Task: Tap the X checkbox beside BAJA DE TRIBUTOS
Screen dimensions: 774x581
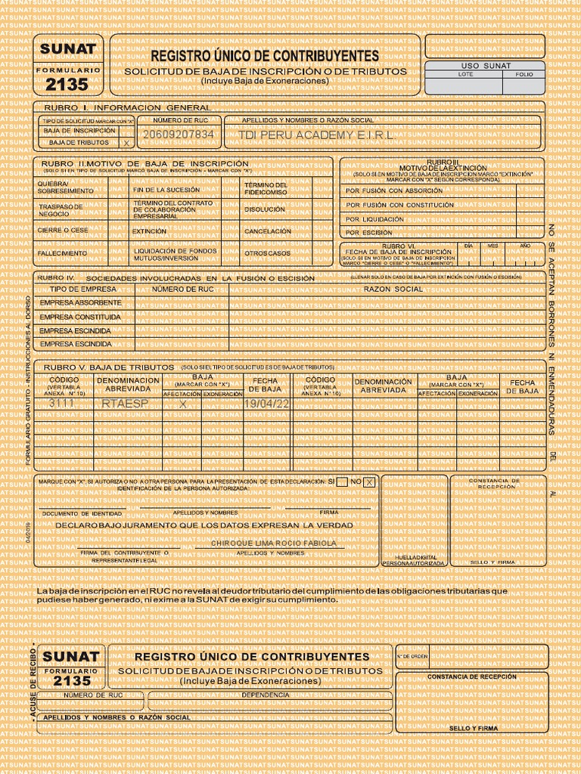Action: [x=126, y=142]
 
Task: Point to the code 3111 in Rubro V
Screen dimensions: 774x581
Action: [x=62, y=404]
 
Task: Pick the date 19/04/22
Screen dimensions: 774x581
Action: [x=267, y=404]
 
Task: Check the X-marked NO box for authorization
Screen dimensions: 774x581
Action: [x=369, y=482]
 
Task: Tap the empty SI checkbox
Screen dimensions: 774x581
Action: [x=342, y=482]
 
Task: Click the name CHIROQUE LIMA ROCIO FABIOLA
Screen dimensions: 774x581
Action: [x=273, y=543]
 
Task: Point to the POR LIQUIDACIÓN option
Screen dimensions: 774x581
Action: [x=375, y=219]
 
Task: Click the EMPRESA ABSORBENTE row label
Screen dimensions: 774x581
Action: [x=80, y=302]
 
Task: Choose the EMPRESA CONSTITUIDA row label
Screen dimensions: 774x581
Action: [x=80, y=317]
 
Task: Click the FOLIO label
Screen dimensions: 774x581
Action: [x=524, y=75]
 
